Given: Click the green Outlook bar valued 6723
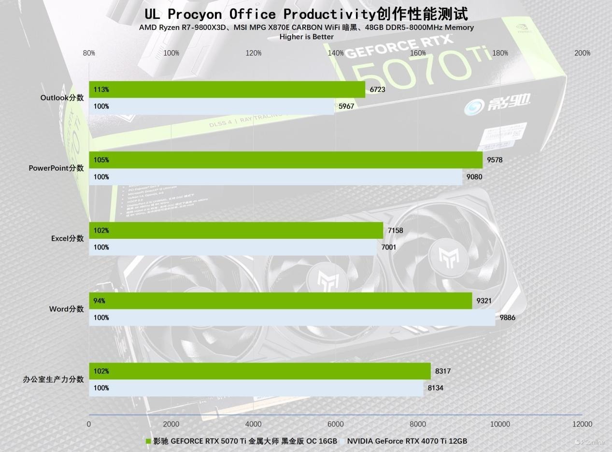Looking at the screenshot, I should pos(227,89).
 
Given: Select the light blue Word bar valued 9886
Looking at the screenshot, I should pos(292,318).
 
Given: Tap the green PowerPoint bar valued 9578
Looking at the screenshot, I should pos(285,160).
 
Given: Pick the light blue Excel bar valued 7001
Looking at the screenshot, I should pos(232,248).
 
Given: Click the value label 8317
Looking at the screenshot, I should pos(443,371).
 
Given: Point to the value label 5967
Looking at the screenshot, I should pos(346,106).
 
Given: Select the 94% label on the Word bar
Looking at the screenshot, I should pos(99,301).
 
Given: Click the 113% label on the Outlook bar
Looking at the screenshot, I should pos(101,89).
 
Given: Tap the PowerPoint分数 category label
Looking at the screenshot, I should pos(56,168).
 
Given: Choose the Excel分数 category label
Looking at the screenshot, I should pos(67,238).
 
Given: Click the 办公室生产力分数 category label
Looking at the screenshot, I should pos(53,379).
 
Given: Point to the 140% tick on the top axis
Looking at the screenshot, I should pos(336,53).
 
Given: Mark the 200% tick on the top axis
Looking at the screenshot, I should pos(582,53).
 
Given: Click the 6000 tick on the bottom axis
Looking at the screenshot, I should pos(336,424).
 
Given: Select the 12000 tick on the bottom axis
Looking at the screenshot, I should pos(582,424).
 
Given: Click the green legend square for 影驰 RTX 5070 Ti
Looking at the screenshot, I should pos(148,441).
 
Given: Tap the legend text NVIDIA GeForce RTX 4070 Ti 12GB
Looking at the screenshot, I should pos(407,441).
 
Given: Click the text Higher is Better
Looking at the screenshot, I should pos(306,37).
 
